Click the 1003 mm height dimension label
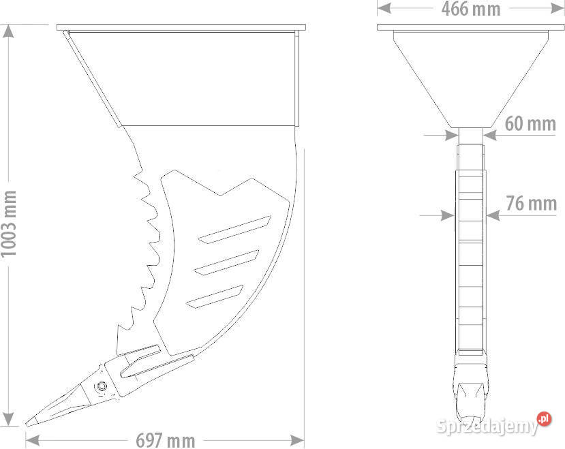9,223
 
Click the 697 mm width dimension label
166,440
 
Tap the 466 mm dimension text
471,9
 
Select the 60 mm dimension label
530,123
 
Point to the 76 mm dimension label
532,203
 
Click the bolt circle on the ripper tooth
102,387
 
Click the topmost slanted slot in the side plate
234,230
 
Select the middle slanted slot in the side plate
227,263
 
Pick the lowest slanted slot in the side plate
215,296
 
